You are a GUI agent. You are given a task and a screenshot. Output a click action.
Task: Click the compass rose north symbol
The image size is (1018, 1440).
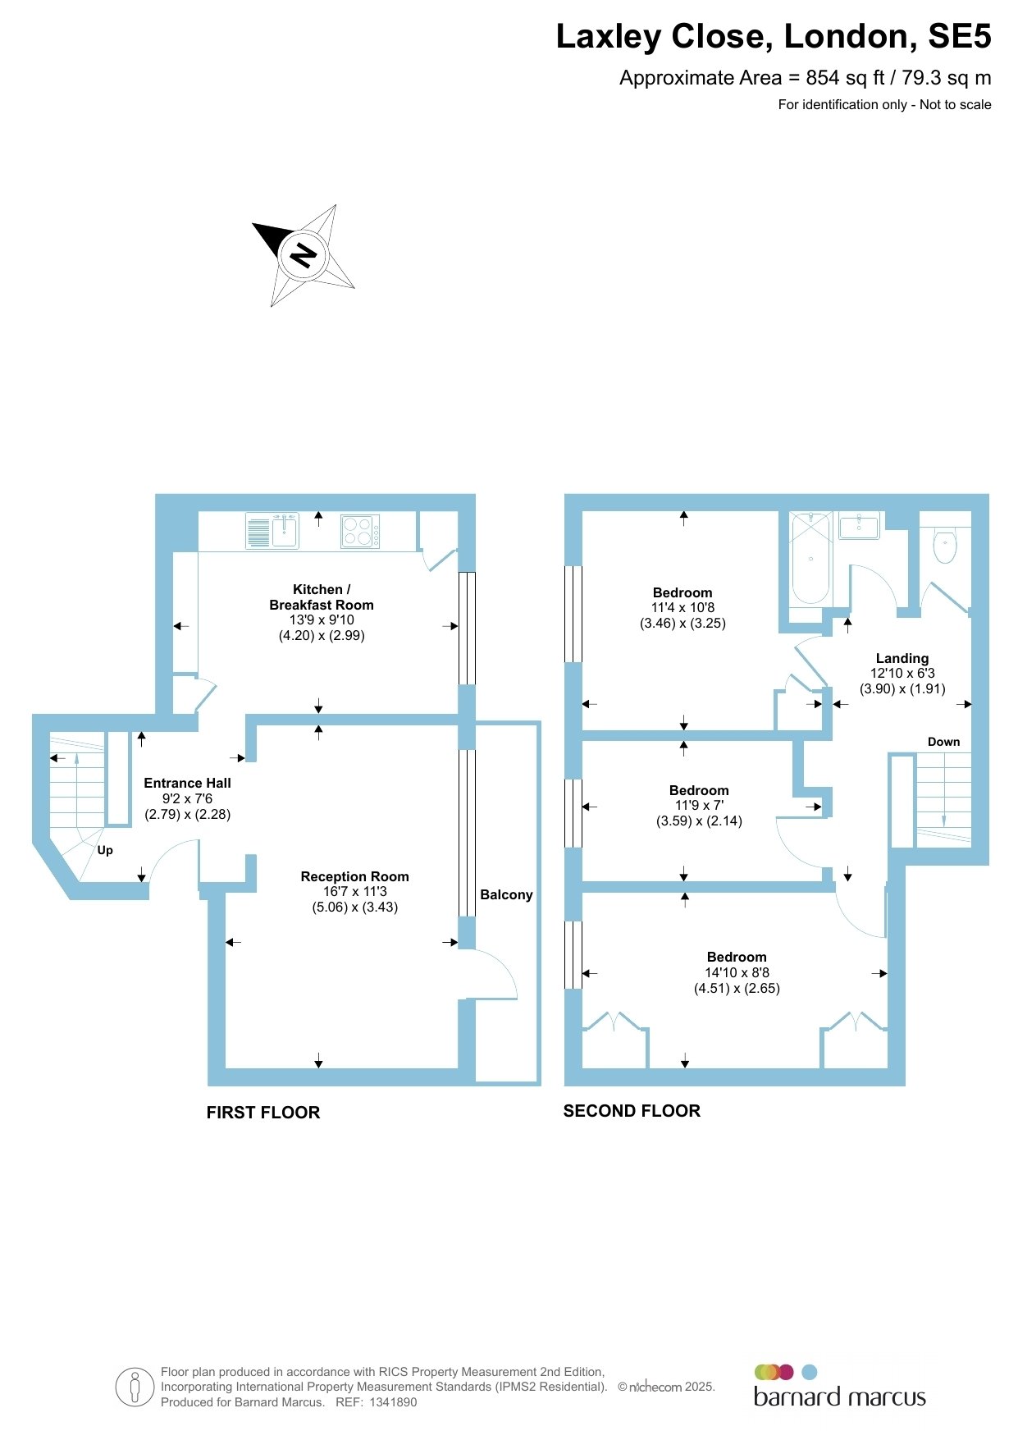click(304, 256)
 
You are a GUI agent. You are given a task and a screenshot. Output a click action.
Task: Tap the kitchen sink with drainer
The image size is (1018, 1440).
click(272, 531)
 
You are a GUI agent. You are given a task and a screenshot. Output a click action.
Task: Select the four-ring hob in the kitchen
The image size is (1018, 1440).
click(360, 531)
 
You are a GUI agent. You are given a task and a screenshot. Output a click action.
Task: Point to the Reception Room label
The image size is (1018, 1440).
click(355, 876)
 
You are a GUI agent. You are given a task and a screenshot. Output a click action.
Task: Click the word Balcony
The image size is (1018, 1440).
click(506, 894)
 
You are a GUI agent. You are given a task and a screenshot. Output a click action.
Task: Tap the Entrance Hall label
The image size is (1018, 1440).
click(188, 783)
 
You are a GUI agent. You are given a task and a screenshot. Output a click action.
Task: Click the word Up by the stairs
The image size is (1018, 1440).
click(105, 851)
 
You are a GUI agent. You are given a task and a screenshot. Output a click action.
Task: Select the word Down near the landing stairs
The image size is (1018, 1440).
click(943, 742)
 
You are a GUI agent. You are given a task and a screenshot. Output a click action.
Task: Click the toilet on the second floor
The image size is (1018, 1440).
click(946, 542)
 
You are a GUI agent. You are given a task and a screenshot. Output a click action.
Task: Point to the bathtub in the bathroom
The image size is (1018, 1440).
click(810, 559)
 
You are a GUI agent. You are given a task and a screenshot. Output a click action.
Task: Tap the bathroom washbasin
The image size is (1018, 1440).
click(859, 526)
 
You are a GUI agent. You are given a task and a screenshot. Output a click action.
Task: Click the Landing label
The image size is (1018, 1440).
click(902, 658)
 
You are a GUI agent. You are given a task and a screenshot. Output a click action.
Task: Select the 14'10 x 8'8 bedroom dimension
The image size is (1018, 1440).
click(737, 972)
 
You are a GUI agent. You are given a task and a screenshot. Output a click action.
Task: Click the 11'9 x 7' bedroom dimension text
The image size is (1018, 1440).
click(699, 806)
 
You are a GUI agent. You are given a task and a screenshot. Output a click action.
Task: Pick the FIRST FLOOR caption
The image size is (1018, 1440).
click(263, 1113)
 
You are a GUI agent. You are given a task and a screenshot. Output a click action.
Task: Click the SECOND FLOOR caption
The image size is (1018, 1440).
click(632, 1111)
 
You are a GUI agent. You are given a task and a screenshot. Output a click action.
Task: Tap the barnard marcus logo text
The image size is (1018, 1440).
click(840, 1397)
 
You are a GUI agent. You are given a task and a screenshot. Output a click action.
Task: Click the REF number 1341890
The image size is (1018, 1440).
click(394, 1402)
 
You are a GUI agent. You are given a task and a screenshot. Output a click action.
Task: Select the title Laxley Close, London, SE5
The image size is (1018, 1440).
click(774, 36)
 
